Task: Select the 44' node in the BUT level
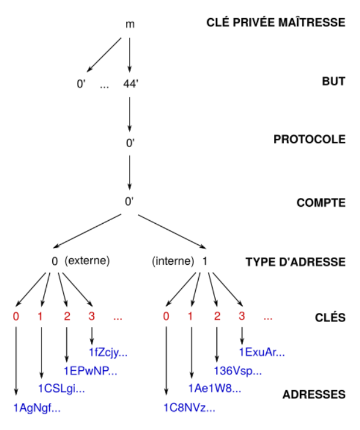pyautogui.click(x=130, y=85)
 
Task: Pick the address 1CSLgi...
pyautogui.click(x=62, y=389)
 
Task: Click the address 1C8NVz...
pyautogui.click(x=188, y=408)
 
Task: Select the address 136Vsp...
pyautogui.click(x=237, y=371)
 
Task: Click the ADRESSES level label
pyautogui.click(x=314, y=394)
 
